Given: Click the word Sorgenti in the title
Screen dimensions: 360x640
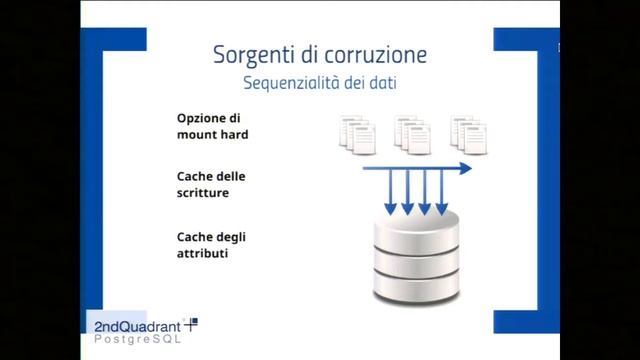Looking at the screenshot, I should [x=251, y=52].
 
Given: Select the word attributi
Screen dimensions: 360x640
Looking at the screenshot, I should [x=202, y=253].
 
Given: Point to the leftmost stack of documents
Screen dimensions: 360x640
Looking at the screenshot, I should [x=357, y=133].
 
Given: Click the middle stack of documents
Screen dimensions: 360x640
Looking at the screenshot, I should [x=411, y=133].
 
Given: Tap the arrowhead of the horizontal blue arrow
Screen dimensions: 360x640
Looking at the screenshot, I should [x=465, y=169].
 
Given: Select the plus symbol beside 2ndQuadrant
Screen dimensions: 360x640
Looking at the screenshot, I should [x=192, y=322].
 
